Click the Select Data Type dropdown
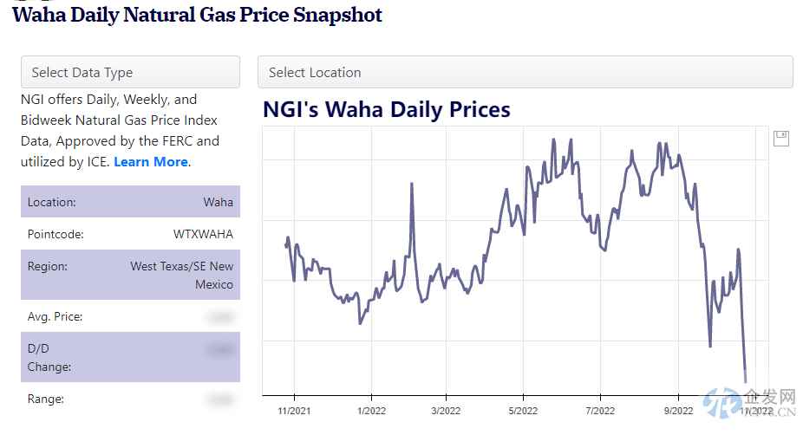130,73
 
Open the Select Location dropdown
525,73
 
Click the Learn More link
151,162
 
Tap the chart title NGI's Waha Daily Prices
387,110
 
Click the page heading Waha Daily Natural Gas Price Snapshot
197,15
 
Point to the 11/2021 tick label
294,411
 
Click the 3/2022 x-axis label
446,411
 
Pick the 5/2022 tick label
523,411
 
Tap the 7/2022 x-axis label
600,411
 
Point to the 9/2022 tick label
677,411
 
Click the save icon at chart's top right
780,139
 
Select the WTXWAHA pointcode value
203,234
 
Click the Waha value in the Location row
218,202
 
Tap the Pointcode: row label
55,234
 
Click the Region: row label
48,267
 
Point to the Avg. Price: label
55,317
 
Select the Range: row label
46,399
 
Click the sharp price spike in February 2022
410,185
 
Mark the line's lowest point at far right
745,380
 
